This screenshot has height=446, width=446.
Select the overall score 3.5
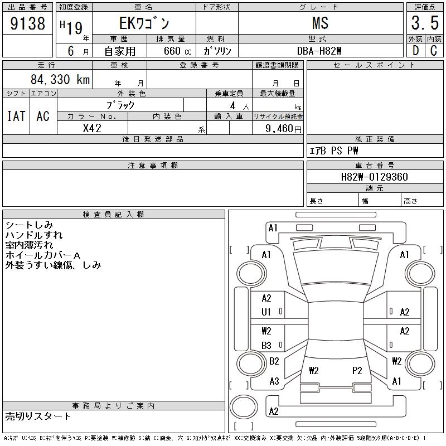tap(424, 23)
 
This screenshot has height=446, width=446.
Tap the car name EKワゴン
tap(143, 23)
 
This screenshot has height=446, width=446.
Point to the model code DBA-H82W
tap(327, 51)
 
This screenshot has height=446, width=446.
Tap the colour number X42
tap(92, 128)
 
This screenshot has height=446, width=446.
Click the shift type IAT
tap(16, 116)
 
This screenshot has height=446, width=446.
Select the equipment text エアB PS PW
tap(334, 151)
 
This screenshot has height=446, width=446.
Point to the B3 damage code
tap(266, 346)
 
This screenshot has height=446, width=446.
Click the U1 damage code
tap(266, 312)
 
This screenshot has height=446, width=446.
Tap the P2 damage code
tap(357, 370)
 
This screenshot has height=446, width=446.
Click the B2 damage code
tap(274, 361)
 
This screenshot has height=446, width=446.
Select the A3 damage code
tap(274, 381)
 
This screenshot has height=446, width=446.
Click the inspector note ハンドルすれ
tap(34, 235)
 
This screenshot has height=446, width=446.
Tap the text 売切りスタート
tap(38, 416)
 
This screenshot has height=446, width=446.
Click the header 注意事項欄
tap(153, 166)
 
